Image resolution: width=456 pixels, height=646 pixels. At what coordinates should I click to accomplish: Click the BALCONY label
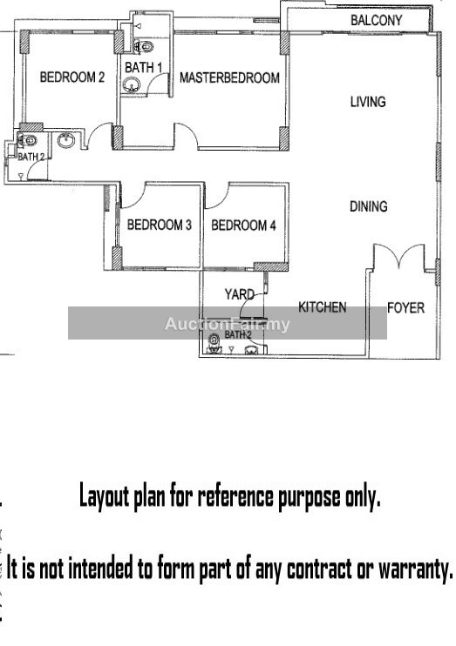(376, 20)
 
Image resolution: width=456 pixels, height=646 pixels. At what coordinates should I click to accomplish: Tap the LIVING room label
(368, 102)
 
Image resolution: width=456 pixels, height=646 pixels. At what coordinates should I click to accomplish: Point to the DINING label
(369, 206)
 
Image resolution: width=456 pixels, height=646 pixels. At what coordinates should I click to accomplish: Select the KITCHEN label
(323, 307)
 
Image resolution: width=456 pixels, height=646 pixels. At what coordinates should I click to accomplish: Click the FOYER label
(405, 307)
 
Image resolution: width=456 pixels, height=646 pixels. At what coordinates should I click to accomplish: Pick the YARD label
(240, 294)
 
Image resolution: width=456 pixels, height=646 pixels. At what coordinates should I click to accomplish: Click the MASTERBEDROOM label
(229, 77)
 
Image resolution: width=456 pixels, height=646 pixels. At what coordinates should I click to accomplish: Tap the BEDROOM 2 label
(72, 77)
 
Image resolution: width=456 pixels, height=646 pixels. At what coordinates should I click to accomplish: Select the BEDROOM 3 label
(160, 225)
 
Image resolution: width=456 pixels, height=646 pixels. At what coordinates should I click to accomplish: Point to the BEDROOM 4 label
(243, 225)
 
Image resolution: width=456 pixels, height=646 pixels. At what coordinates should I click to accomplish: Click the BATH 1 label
(144, 67)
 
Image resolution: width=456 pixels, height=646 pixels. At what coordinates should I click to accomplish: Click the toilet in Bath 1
(143, 46)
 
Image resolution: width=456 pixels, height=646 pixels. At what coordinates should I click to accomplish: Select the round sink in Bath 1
(132, 85)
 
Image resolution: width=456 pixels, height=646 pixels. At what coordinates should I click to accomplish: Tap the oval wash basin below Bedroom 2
(66, 140)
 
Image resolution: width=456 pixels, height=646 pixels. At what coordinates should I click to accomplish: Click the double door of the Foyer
(399, 255)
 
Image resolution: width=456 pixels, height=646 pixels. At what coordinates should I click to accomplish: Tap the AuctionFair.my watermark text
(228, 324)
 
